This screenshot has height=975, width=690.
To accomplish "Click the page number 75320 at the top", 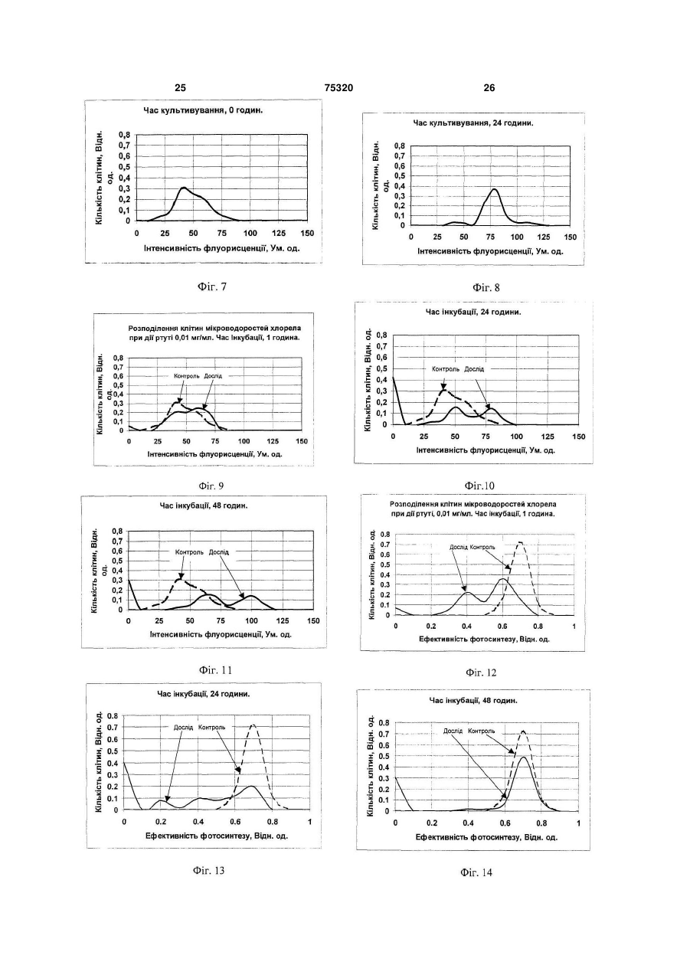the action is [x=338, y=88].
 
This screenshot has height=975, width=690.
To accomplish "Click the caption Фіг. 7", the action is [x=211, y=287].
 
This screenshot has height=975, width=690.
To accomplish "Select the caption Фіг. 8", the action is [x=486, y=288].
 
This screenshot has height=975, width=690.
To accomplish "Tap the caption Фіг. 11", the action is [x=215, y=670].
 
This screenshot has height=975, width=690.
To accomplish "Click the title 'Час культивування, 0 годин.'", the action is [x=203, y=110].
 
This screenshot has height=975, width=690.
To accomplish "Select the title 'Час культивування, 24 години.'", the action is [x=473, y=123].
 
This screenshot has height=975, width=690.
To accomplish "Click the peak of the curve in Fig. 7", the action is [x=184, y=188].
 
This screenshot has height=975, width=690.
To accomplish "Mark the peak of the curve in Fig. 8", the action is [x=494, y=189].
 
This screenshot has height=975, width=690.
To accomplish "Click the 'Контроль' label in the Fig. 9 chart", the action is [x=187, y=376].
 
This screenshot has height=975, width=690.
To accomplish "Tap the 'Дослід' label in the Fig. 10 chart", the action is [x=473, y=369].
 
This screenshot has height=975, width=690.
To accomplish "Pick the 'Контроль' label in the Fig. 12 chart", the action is [x=482, y=547].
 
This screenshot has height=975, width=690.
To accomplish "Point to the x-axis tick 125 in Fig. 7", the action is [x=279, y=234].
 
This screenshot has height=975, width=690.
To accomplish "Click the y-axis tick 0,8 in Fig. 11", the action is [x=117, y=531].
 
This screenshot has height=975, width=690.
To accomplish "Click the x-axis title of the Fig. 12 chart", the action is [x=484, y=640].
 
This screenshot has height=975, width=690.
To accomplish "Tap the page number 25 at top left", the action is [x=180, y=88].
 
